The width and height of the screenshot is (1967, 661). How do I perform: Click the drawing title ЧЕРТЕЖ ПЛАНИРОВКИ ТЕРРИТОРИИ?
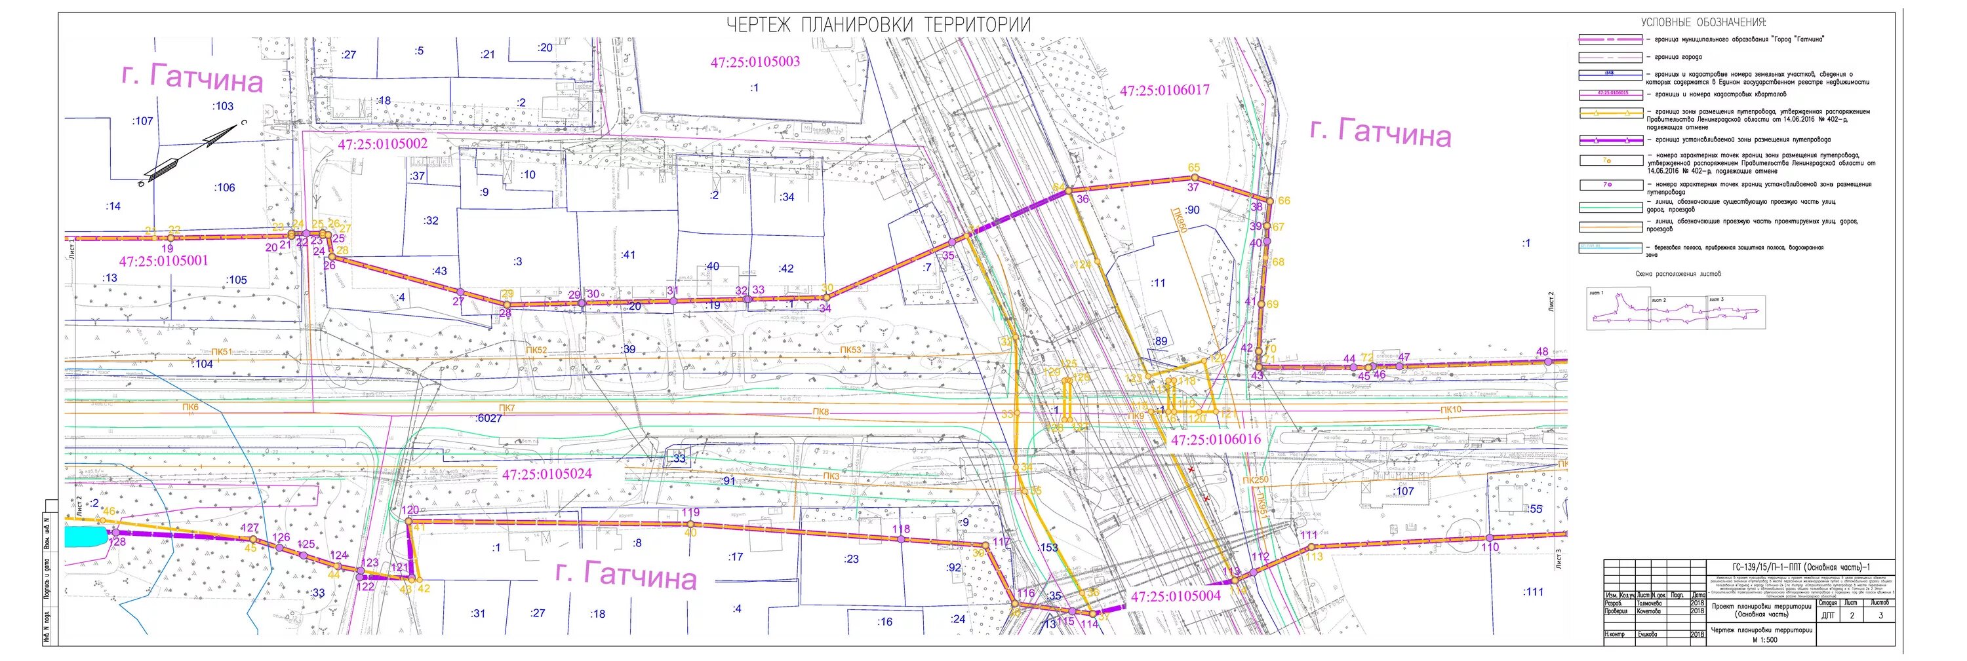(878, 25)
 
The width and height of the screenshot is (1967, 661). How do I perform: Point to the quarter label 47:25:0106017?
(1164, 90)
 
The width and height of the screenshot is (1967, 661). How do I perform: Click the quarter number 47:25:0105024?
(547, 474)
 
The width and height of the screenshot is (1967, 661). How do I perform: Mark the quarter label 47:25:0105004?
(1176, 597)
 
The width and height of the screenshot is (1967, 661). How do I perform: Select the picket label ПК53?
(850, 350)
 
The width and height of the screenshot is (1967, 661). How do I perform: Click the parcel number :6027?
(488, 418)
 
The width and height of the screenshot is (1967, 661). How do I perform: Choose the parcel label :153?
(1048, 547)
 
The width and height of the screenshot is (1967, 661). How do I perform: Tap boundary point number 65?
(1193, 168)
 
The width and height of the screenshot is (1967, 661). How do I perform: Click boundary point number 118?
(901, 529)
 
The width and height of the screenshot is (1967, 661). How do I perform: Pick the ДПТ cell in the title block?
(1822, 615)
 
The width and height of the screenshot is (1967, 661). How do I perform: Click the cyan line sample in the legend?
(1610, 248)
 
